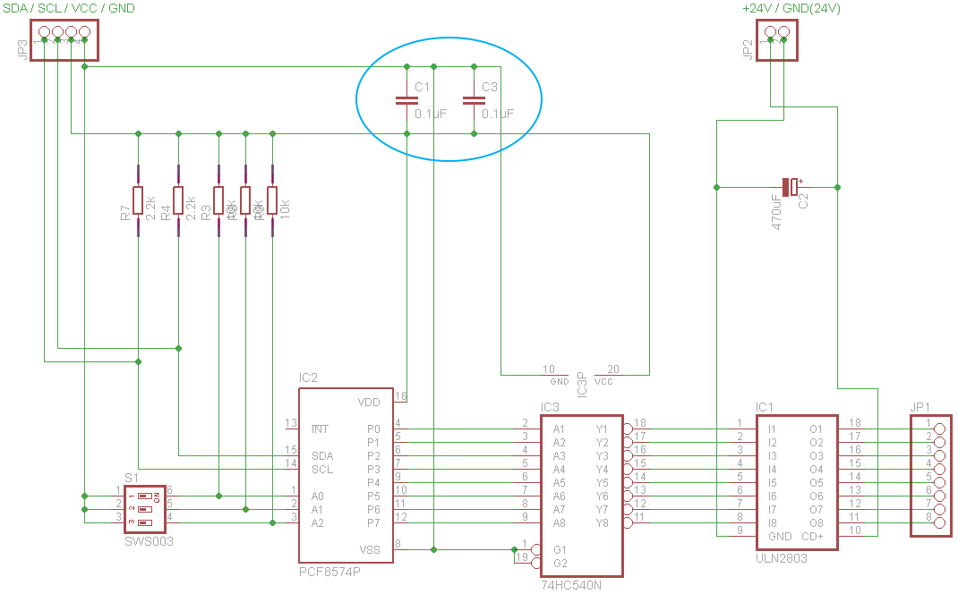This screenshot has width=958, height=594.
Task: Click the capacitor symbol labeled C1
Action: pyautogui.click(x=407, y=100)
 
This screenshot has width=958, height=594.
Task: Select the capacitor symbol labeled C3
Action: pyautogui.click(x=474, y=100)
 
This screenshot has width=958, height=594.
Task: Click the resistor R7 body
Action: pyautogui.click(x=138, y=200)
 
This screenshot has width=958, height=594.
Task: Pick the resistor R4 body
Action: pyautogui.click(x=178, y=200)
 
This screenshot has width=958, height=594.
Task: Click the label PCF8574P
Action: pyautogui.click(x=329, y=570)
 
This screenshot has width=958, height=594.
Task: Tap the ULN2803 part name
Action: pyautogui.click(x=782, y=557)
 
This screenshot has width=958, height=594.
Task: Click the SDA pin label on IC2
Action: pyautogui.click(x=321, y=456)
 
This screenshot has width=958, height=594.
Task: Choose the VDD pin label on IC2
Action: pyautogui.click(x=369, y=402)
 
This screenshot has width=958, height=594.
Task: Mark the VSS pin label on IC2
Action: pyautogui.click(x=369, y=550)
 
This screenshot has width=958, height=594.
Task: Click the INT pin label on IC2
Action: pyautogui.click(x=319, y=429)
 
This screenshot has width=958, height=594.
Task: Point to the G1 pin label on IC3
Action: pyautogui.click(x=560, y=549)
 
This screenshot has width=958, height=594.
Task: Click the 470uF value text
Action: pyautogui.click(x=776, y=213)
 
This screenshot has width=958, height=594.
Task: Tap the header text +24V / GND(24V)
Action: pyautogui.click(x=791, y=8)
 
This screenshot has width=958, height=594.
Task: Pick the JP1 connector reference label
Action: pyautogui.click(x=920, y=407)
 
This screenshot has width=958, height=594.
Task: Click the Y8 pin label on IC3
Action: pyautogui.click(x=602, y=523)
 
